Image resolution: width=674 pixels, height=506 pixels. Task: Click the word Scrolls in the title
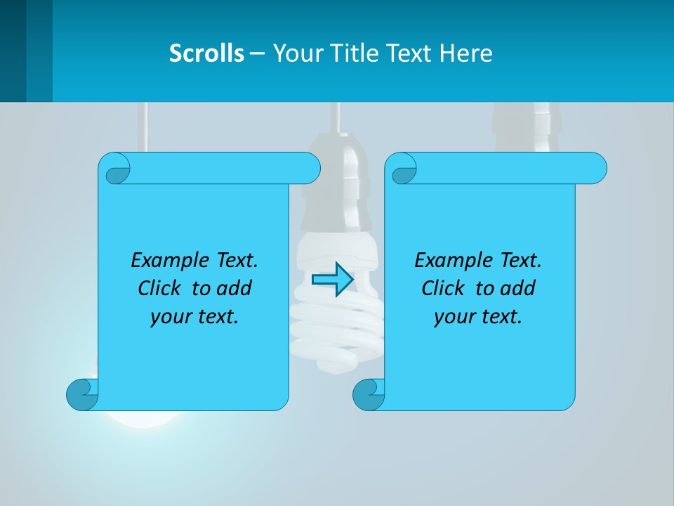tap(206, 53)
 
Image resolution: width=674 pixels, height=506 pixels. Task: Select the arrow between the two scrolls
tap(332, 280)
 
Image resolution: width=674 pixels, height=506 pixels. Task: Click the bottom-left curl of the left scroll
tap(81, 394)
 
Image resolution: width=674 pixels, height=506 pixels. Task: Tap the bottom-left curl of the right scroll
tap(368, 394)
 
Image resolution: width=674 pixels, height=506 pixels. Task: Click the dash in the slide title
tap(257, 53)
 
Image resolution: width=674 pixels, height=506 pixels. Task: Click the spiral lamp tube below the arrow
tap(336, 330)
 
